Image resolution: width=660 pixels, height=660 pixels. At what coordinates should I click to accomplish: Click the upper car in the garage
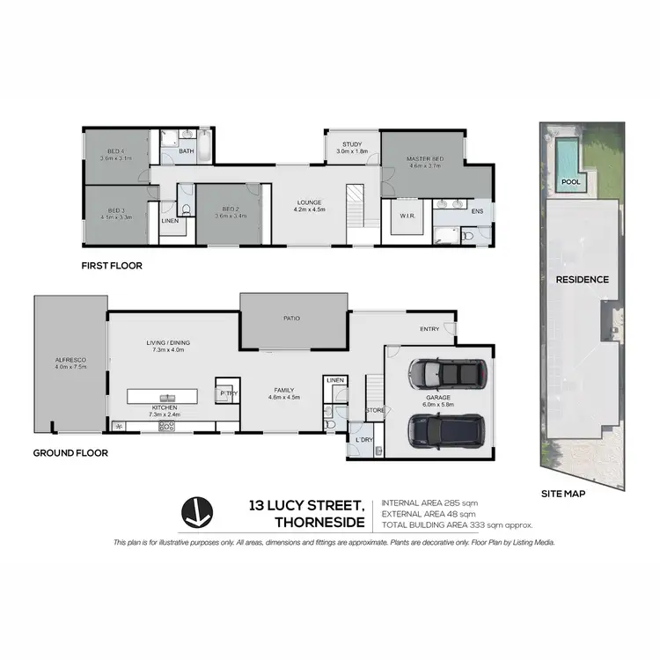(x=448, y=376)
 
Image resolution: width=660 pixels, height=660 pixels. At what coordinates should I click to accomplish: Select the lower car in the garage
(x=447, y=430)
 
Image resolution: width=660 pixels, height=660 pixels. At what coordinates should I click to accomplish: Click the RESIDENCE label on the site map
(x=581, y=280)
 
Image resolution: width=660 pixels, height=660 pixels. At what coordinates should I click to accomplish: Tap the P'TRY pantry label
(x=226, y=393)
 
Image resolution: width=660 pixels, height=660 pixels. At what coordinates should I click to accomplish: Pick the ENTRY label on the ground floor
(x=429, y=329)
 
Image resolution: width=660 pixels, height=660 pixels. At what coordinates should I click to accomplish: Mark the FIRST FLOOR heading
(x=112, y=265)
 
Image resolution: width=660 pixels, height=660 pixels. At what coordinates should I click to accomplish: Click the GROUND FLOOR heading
(x=70, y=453)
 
